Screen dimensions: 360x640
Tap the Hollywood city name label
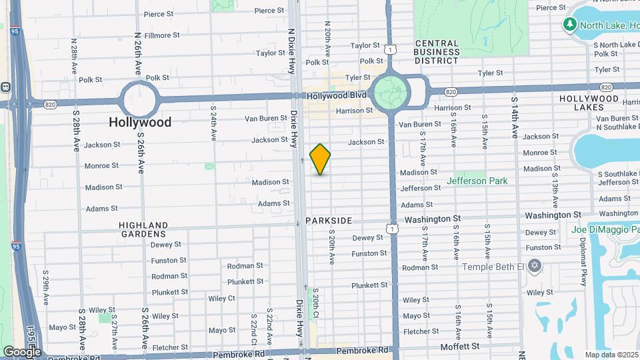[x=141, y=122]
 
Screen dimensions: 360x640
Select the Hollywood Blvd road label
[x=337, y=95]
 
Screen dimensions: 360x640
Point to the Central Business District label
[x=437, y=52]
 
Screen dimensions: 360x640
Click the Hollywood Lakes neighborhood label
[x=589, y=103]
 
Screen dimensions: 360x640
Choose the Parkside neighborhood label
[x=328, y=220]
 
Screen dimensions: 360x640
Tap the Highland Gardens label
[x=143, y=229]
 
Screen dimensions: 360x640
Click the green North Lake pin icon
[x=569, y=25]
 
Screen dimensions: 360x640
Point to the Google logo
[x=21, y=352]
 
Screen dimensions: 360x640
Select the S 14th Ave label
[x=515, y=117]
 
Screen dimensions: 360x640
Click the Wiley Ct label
[x=221, y=299]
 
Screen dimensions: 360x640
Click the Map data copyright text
[x=611, y=355]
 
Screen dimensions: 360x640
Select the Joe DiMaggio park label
[x=605, y=230]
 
